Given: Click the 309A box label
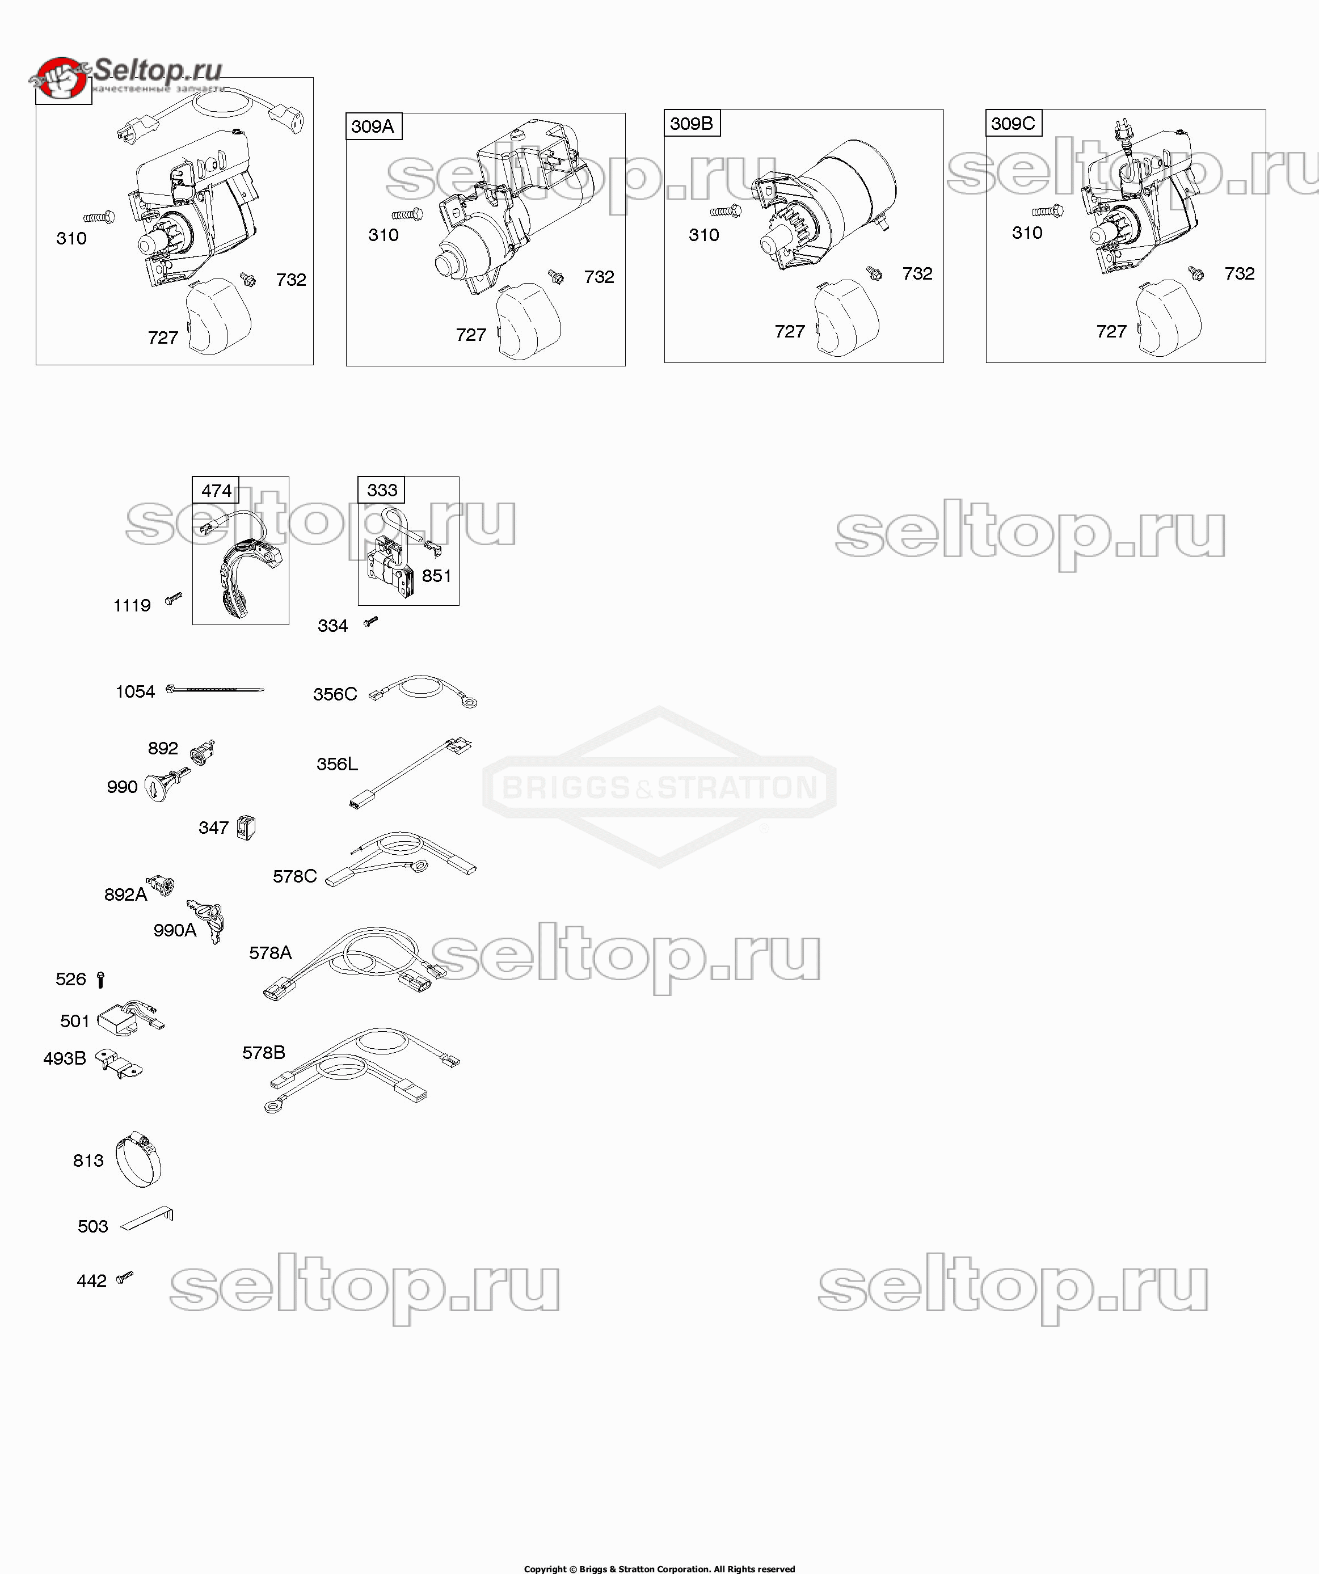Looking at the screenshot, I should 373,126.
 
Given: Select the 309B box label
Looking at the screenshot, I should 692,123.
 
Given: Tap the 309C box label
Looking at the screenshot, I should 1012,123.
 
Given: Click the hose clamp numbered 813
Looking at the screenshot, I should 140,1159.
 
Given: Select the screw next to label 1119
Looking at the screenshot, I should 174,598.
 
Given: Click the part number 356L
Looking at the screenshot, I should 336,764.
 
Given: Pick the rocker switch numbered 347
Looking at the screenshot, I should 246,828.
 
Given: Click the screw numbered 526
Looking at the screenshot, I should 101,980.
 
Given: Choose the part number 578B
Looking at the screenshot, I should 263,1052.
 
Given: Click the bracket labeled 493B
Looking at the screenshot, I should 120,1065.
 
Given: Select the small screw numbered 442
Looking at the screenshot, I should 124,1277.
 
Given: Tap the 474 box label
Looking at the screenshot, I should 216,490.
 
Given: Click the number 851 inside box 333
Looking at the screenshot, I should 436,576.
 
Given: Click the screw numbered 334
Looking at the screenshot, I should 370,621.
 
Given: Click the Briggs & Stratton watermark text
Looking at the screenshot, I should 659,788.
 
